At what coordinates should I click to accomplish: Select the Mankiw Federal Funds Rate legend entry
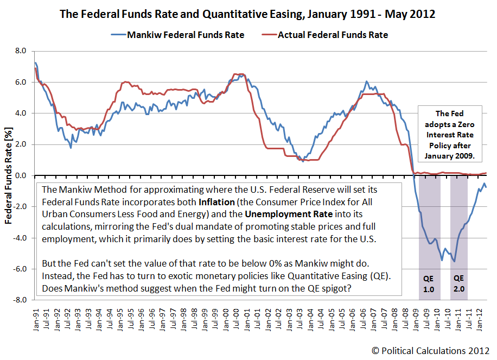point(186,35)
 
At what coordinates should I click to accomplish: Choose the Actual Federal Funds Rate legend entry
point(333,35)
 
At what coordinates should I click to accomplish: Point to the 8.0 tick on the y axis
point(20,51)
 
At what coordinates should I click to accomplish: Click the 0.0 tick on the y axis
point(20,175)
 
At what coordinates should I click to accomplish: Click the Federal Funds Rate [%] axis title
point(9,175)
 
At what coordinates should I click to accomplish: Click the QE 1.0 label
point(429,284)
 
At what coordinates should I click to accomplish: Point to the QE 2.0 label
point(459,284)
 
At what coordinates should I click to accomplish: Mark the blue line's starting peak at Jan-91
point(35,63)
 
